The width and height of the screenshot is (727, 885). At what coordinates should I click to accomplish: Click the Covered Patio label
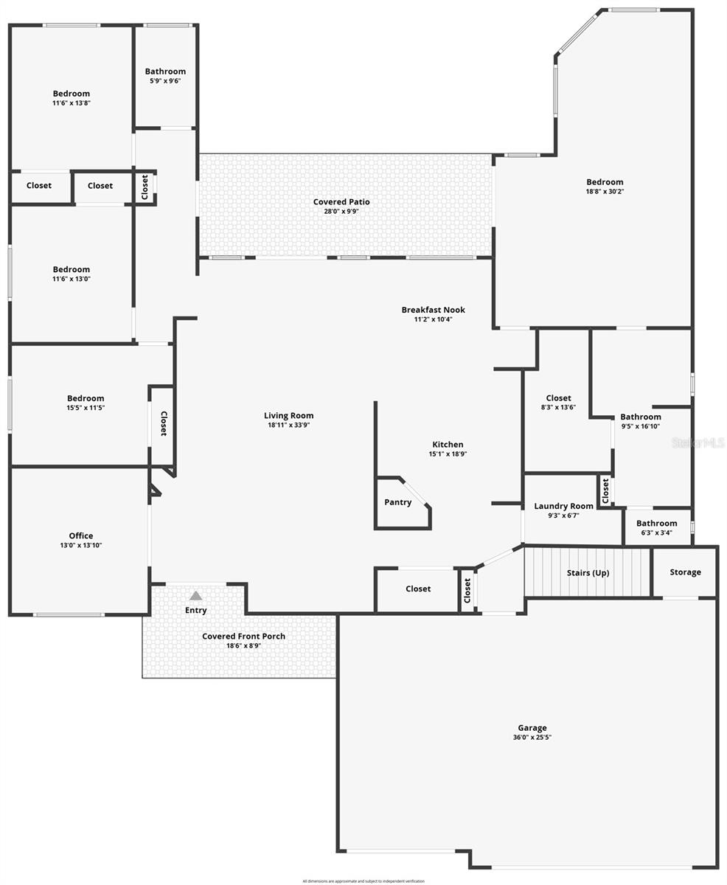coord(341,201)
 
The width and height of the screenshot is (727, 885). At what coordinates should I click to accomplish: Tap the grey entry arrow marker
coord(195,595)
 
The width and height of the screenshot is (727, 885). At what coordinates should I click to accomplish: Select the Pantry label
coord(398,502)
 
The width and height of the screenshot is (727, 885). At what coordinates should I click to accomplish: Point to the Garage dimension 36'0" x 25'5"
coord(532,737)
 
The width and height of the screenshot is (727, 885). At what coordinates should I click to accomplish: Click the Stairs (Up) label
coord(588,572)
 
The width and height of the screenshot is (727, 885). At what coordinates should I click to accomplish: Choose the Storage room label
coord(685,572)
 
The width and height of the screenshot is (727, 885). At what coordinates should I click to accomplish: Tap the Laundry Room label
coord(563,506)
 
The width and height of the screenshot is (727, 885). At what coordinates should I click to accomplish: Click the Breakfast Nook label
coord(433,310)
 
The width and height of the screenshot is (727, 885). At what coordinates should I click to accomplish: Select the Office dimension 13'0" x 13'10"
coord(81,545)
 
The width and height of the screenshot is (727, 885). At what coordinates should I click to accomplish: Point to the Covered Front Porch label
coord(243,636)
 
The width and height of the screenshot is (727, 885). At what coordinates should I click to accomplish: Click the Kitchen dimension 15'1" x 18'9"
coord(448,454)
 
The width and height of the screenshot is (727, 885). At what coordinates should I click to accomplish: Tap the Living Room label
coord(288,415)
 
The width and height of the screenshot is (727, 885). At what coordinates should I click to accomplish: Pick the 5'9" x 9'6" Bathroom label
coord(165,72)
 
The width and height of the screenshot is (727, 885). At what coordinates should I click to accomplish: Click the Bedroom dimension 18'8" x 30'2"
coord(605,191)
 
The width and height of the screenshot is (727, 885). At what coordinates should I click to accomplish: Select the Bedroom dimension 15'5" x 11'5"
coord(86,407)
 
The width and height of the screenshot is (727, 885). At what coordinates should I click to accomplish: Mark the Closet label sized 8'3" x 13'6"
coord(558,398)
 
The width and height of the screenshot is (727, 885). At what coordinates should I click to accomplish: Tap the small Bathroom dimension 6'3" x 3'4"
coord(656,532)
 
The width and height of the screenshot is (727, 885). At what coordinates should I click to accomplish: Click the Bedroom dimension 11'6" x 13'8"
coord(72,103)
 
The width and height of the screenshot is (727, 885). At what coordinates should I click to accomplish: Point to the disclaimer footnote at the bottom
coord(363,881)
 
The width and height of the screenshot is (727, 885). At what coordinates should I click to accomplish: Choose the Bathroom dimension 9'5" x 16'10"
coord(640,426)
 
